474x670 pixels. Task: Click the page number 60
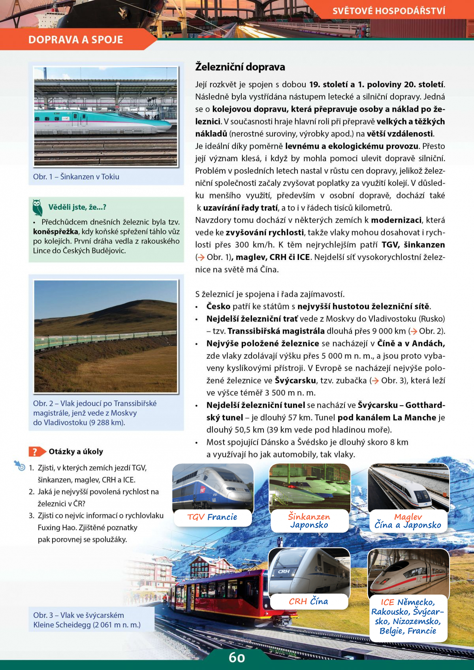tap(237, 658)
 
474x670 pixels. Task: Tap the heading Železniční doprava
tap(240, 67)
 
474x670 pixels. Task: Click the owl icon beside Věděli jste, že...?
tap(38, 207)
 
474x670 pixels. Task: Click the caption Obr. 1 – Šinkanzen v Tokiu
tap(76, 177)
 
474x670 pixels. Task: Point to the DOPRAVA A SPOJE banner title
tap(76, 40)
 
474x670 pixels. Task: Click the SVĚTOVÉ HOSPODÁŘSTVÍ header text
tap(389, 11)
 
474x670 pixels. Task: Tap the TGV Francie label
tap(212, 517)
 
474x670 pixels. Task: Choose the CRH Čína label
tap(308, 601)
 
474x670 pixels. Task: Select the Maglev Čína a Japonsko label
tap(408, 521)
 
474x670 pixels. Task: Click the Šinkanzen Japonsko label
tap(309, 521)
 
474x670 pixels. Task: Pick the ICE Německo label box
tap(408, 616)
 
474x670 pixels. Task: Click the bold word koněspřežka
tap(55, 231)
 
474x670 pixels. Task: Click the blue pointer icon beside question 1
tap(19, 466)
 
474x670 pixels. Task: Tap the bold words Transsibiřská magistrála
tap(276, 331)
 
